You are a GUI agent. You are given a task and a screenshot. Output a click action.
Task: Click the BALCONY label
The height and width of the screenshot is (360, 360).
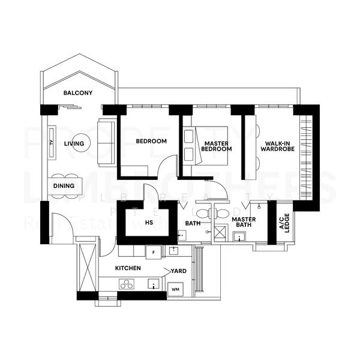78,93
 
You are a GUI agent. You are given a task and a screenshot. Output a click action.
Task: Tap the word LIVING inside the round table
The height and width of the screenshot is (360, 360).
74,143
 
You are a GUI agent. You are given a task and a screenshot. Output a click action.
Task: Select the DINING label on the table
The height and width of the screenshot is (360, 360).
64,186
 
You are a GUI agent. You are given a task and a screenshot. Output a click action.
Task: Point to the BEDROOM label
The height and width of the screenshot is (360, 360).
151,142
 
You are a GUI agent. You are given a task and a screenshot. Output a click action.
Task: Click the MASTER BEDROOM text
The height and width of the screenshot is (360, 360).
217,146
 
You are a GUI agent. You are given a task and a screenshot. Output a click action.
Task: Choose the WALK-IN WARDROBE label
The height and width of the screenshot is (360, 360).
277,146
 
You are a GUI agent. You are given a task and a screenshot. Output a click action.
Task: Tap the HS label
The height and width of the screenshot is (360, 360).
149,222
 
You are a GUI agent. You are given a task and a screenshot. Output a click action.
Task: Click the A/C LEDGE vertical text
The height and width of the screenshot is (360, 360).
284,223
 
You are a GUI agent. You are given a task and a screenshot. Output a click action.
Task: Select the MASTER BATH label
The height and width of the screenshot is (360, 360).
244,223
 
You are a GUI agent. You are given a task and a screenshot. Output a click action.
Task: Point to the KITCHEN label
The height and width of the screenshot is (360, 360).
128,268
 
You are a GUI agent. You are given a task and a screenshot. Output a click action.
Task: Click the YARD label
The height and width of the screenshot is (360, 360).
178,271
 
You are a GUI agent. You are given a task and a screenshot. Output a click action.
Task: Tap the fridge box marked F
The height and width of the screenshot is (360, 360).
153,251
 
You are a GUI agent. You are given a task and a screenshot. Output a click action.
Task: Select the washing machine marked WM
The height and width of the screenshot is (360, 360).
176,289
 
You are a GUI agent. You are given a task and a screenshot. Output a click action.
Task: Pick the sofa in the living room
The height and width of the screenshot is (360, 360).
106,139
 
